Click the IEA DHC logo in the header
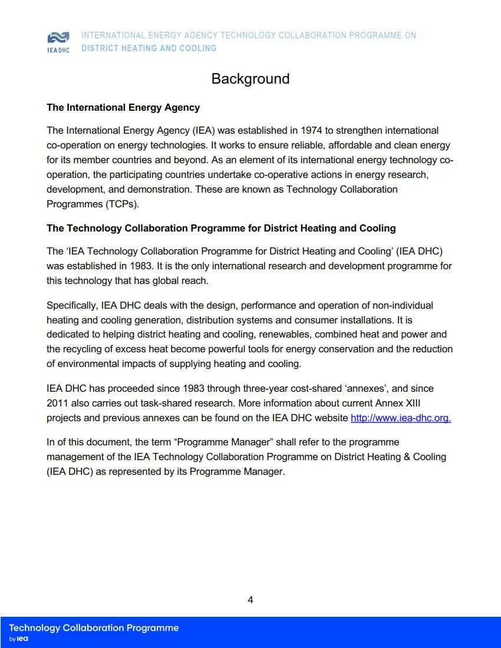click(x=58, y=42)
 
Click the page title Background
click(x=250, y=79)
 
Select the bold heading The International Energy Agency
click(x=123, y=108)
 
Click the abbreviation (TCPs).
click(x=122, y=204)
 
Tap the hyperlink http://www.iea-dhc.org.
click(x=401, y=418)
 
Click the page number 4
click(x=250, y=600)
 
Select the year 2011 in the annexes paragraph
click(x=58, y=404)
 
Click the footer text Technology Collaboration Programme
click(x=94, y=628)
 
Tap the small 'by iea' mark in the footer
click(x=19, y=639)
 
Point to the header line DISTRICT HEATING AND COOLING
click(x=149, y=48)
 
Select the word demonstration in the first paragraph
click(x=160, y=189)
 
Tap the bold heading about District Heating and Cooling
click(x=221, y=228)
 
